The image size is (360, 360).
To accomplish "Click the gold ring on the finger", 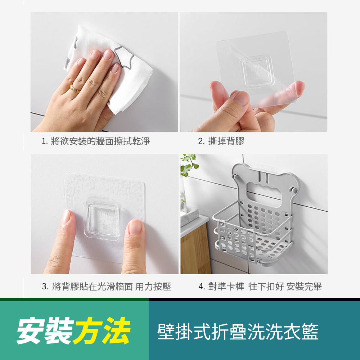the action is tap(75, 89).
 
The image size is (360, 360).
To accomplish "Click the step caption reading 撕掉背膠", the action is tap(226, 141).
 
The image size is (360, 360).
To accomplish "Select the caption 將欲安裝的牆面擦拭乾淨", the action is tap(100, 141).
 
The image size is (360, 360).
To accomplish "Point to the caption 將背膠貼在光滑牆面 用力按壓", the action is tap(111, 287).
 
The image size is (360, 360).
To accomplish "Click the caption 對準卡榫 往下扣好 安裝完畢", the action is tap(265, 287).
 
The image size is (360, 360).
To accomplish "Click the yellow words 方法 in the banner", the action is tap(102, 330).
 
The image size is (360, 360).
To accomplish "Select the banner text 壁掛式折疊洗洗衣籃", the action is tap(238, 332).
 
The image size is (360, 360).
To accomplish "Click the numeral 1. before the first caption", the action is tap(45, 141).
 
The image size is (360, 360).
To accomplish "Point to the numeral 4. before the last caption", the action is tap(202, 287).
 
